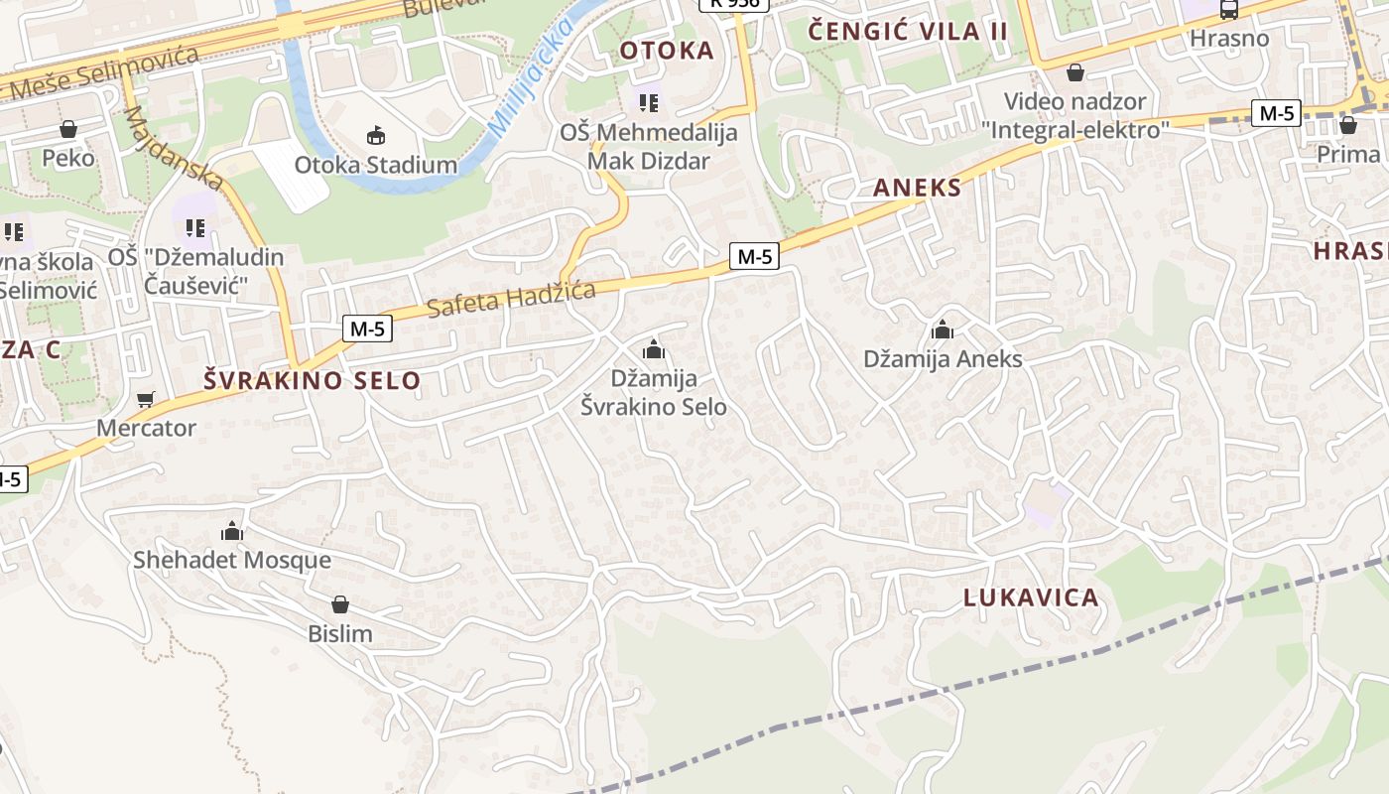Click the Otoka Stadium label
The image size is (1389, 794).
[x=376, y=165]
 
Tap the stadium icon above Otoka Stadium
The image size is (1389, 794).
[x=376, y=136]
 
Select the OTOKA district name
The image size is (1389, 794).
[x=667, y=51]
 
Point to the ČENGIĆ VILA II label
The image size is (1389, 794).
[x=908, y=31]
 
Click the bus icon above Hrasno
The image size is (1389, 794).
[x=1229, y=10]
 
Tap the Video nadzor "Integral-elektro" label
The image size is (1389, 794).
[x=1075, y=115]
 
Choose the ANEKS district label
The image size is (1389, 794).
[x=917, y=188]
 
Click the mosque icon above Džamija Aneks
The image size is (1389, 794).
[x=943, y=330]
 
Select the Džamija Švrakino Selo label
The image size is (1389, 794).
[x=653, y=392]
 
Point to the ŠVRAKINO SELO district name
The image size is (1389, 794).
[x=313, y=380]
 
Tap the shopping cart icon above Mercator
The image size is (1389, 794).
[x=146, y=399]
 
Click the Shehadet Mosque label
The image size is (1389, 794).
[x=232, y=560]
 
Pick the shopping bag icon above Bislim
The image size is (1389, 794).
[x=340, y=604]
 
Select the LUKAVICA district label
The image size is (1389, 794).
[x=1032, y=597]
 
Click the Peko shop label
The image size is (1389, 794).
[x=68, y=158]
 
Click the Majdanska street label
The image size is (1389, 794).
[x=173, y=147]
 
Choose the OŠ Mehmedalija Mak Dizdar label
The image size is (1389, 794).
[x=649, y=146]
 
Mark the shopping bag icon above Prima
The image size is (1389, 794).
[x=1347, y=125]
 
